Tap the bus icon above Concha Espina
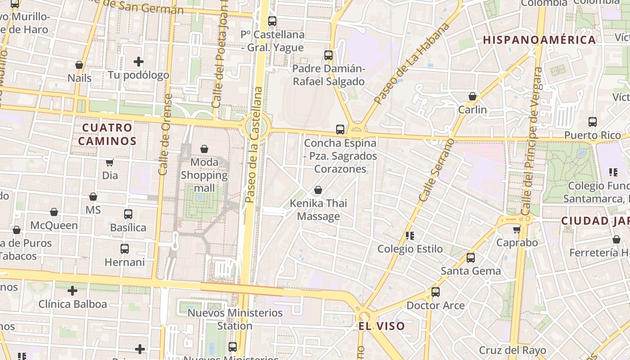tap(340, 130)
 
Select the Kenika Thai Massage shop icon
tap(318, 190)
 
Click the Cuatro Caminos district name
tap(108, 134)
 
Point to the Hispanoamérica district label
tap(540, 40)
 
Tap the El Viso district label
tap(382, 326)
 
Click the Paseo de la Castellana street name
tap(253, 144)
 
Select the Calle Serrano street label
tap(437, 170)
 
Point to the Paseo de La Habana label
tap(412, 63)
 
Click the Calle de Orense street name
tap(165, 135)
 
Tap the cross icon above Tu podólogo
tap(139, 61)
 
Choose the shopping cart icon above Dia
tap(110, 162)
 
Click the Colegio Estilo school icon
tap(410, 235)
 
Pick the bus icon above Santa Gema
tap(471, 258)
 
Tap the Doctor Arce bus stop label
tap(436, 305)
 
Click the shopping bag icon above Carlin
tap(472, 96)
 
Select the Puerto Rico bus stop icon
tap(593, 122)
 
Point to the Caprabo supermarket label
tap(517, 243)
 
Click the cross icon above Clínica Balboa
tap(72, 291)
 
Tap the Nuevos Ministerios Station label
tap(235, 319)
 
